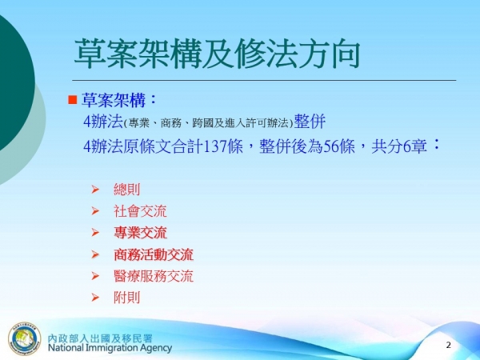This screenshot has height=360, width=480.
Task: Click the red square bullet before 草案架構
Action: pos(71,100)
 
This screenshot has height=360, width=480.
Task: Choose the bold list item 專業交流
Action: pos(140,234)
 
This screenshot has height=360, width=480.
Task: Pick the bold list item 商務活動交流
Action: pos(154,255)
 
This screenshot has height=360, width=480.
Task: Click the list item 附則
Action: pos(126,298)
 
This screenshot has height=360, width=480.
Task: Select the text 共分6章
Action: pos(398,147)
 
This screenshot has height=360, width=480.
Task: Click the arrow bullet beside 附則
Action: pos(95,298)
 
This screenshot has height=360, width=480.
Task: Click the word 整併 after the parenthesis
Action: pos(310,122)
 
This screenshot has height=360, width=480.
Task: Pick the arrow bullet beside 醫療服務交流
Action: pos(95,277)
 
